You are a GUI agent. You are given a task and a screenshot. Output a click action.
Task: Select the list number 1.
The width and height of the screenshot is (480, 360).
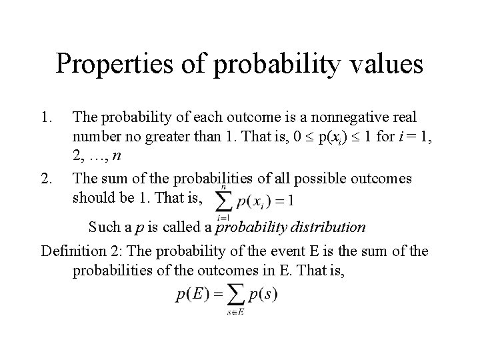point(47,118)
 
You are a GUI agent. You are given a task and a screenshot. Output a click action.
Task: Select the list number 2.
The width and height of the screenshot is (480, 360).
point(47,179)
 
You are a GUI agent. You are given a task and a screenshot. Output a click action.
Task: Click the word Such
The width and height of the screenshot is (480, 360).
point(105,227)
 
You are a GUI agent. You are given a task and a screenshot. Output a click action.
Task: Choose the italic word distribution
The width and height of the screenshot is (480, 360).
point(327,227)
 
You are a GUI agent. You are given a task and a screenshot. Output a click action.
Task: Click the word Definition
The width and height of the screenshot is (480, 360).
point(73,252)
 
